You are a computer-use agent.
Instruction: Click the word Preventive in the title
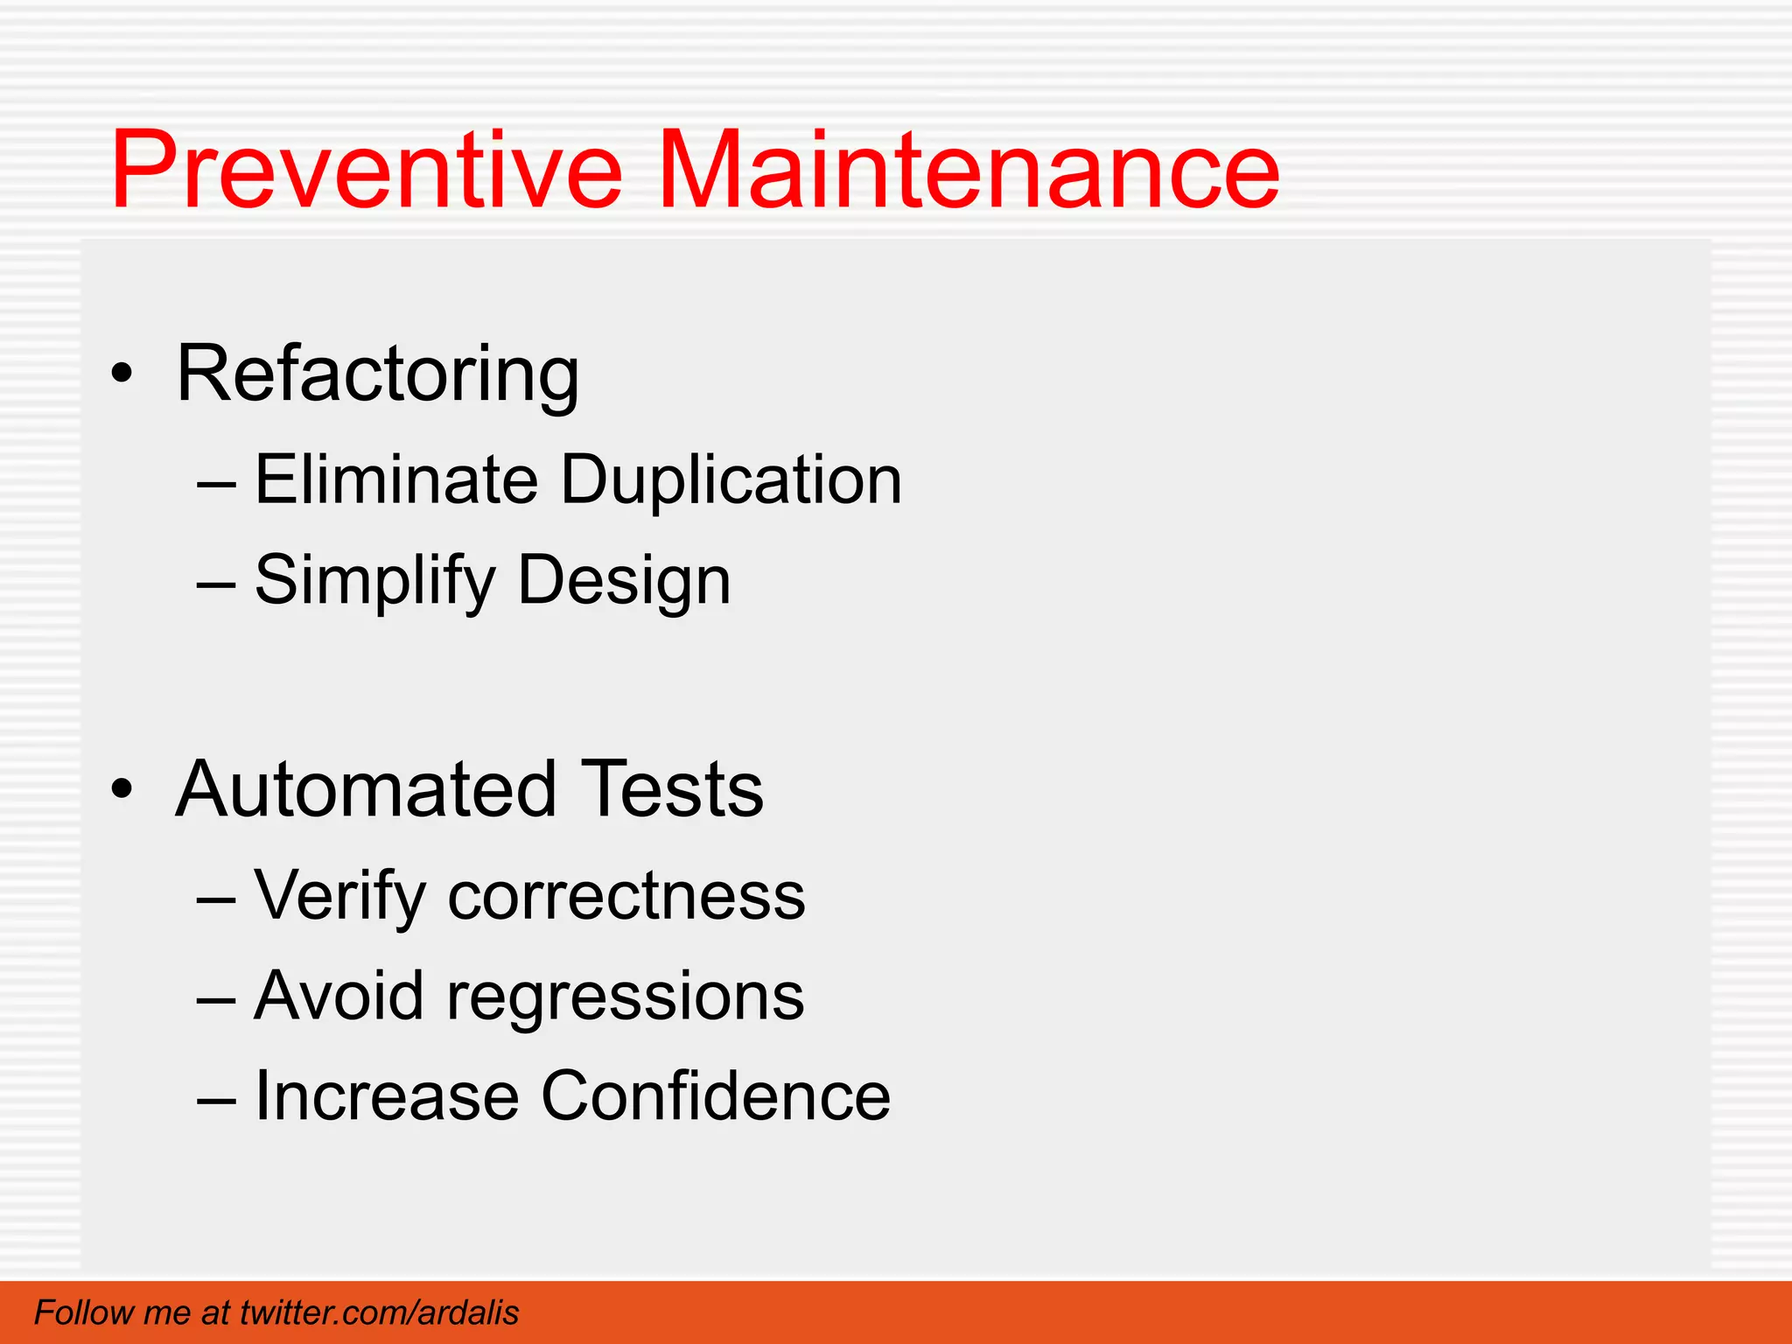pyautogui.click(x=366, y=171)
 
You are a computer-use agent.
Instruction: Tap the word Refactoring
pyautogui.click(x=377, y=374)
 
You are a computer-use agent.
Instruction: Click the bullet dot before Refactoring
pyautogui.click(x=122, y=374)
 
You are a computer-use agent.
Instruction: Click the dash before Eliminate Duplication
pyautogui.click(x=216, y=482)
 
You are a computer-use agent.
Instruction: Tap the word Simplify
pyautogui.click(x=374, y=581)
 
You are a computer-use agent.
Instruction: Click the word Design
pyautogui.click(x=624, y=581)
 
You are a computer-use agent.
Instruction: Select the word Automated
pyautogui.click(x=366, y=789)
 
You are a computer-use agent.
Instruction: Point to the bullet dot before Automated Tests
pyautogui.click(x=122, y=789)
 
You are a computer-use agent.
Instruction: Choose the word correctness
pyautogui.click(x=626, y=896)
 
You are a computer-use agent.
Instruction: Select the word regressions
pyautogui.click(x=626, y=997)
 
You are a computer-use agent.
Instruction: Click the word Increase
pyautogui.click(x=386, y=1095)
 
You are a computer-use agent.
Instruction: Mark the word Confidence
pyautogui.click(x=716, y=1095)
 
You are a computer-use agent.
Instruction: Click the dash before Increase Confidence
pyautogui.click(x=216, y=1099)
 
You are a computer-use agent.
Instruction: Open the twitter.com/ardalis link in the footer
pyautogui.click(x=379, y=1312)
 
